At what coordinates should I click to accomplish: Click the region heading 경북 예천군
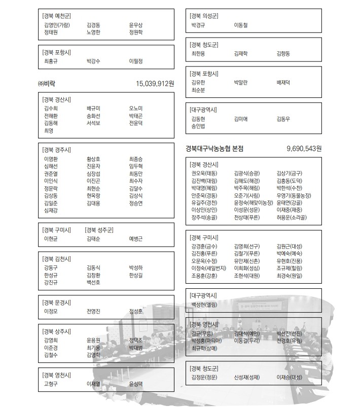(x=57, y=16)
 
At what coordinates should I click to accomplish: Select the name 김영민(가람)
(x=57, y=25)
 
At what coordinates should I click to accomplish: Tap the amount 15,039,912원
(x=155, y=83)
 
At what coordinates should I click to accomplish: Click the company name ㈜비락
(x=50, y=83)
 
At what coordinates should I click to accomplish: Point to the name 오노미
(x=136, y=109)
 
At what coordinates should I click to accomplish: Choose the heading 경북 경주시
(x=57, y=150)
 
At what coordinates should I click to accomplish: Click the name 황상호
(x=93, y=159)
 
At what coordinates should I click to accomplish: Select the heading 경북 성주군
(x=99, y=229)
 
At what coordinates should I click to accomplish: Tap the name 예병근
(x=136, y=238)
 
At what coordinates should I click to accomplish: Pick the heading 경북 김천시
(x=57, y=259)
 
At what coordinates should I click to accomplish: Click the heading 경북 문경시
(x=57, y=302)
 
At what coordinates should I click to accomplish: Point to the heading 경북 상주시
(x=57, y=331)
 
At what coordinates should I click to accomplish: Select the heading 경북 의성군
(x=204, y=16)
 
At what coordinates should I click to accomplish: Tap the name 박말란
(x=241, y=82)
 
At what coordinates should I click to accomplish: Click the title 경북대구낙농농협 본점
(x=214, y=149)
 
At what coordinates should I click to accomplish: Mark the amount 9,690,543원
(x=304, y=149)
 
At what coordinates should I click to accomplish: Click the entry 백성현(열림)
(x=204, y=304)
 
